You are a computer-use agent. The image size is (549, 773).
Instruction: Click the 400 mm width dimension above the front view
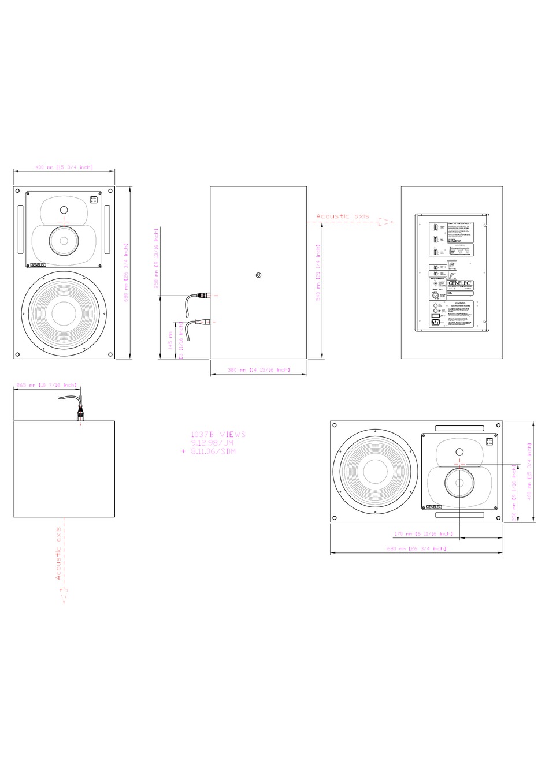[64, 167]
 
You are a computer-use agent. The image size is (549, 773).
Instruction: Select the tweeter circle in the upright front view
[64, 210]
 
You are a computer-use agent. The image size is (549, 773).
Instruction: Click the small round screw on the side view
[258, 275]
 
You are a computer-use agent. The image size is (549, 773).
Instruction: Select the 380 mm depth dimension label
[258, 369]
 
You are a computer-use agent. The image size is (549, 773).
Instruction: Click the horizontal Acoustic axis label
[342, 216]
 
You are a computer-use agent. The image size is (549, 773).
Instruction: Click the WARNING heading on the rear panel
[460, 302]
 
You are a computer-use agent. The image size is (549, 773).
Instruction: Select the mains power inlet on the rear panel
[433, 321]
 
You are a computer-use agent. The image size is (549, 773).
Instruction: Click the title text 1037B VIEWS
[218, 434]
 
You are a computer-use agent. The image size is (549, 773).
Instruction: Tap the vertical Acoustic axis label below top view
[58, 554]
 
